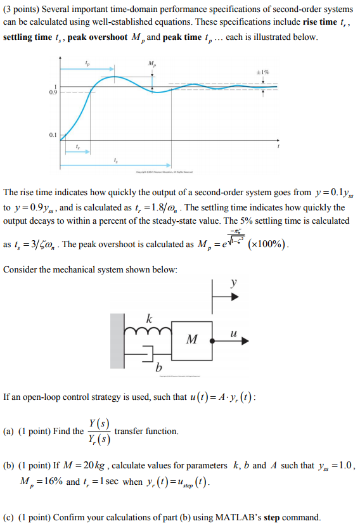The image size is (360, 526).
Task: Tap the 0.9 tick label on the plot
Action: [x=53, y=93]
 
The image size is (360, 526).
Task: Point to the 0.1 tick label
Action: [x=53, y=134]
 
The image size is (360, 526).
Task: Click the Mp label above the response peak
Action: [x=152, y=63]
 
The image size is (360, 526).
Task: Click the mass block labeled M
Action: [x=191, y=340]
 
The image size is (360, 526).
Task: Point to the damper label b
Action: [x=158, y=368]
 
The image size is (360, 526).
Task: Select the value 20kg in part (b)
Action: [x=95, y=466]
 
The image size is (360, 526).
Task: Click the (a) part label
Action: [x=9, y=432]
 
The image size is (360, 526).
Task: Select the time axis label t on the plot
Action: [x=279, y=146]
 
